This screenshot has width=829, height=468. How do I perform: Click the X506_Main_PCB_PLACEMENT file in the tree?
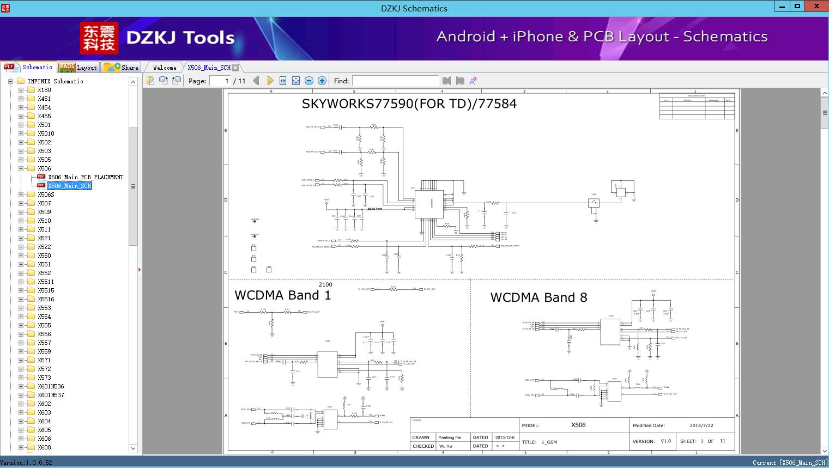85,177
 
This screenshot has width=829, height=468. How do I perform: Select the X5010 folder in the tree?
46,133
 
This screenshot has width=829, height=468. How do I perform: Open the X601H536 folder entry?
51,386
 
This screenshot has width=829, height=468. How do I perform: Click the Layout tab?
78,68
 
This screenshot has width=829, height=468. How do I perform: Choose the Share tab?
122,68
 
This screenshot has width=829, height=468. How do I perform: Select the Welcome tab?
165,68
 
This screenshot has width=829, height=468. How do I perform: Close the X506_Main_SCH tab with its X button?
235,68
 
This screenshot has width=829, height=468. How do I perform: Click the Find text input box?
395,81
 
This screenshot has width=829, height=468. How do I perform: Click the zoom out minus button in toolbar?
309,81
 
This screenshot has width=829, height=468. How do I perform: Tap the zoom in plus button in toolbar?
322,81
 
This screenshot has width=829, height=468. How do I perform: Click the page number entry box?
220,81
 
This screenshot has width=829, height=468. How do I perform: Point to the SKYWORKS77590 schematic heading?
409,104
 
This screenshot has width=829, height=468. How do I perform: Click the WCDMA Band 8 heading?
538,297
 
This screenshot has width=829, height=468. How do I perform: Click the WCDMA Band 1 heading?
282,295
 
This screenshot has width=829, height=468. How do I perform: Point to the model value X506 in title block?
578,425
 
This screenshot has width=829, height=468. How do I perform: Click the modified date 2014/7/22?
701,426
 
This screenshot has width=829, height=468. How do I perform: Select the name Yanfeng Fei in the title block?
450,437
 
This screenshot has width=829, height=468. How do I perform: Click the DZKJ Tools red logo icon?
99,38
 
